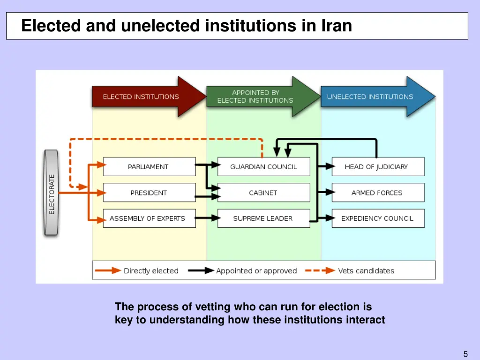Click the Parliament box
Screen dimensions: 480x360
149,167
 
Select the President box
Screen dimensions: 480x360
149,193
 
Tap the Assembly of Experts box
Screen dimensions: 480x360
149,218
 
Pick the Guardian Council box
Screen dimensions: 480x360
263,167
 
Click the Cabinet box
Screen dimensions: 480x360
263,193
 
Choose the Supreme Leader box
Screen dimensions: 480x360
263,218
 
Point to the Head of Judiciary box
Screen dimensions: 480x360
377,167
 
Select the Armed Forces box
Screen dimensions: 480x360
377,193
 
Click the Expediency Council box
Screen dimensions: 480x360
377,218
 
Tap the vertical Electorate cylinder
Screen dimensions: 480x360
51,193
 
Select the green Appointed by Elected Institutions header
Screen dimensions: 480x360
255,97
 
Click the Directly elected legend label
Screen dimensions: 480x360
151,271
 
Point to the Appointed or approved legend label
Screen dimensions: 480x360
256,271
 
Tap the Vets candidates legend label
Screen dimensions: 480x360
366,271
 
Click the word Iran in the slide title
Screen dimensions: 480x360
337,25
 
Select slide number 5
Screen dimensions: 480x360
465,354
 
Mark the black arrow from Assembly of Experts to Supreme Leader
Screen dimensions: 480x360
208,218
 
